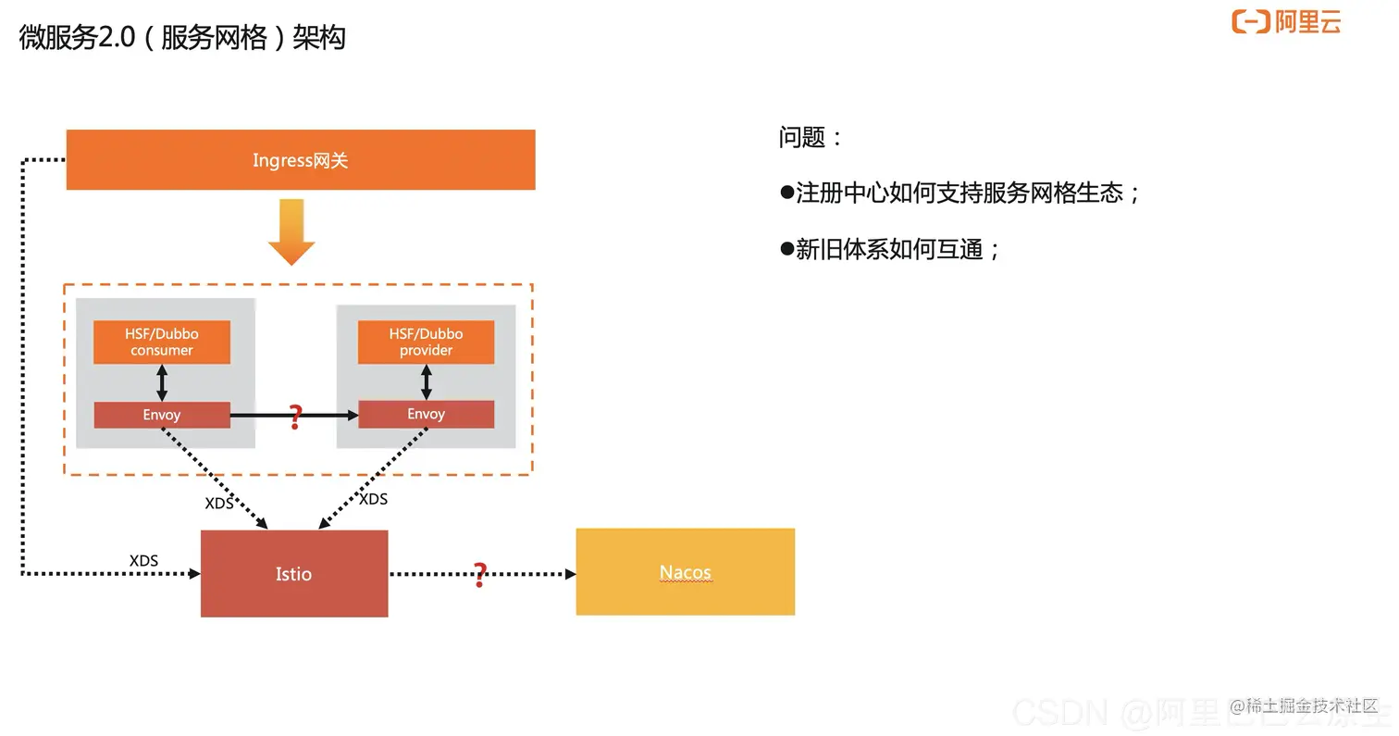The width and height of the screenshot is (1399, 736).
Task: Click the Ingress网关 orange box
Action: point(301,160)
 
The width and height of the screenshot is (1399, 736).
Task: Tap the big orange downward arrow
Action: point(291,232)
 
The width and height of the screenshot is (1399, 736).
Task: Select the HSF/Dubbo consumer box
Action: point(162,342)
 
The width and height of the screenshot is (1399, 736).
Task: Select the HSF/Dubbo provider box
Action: point(426,342)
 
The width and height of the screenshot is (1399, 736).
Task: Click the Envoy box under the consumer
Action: point(162,415)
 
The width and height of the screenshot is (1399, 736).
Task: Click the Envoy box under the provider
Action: point(426,414)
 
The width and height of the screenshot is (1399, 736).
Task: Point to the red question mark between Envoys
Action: point(295,417)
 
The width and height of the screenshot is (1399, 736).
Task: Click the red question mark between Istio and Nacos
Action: point(479,575)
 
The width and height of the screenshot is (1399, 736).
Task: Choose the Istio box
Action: point(294,574)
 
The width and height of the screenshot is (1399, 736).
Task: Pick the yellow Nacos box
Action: point(685,572)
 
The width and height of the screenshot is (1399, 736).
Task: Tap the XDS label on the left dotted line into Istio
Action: point(143,561)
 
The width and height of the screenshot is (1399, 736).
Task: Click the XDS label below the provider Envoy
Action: point(373,499)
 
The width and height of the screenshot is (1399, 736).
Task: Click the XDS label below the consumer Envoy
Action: point(219,504)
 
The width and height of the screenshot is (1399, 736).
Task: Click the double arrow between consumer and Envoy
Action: point(162,381)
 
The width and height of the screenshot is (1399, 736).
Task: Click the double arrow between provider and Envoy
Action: point(426,381)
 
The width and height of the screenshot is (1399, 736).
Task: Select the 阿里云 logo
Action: point(1286,21)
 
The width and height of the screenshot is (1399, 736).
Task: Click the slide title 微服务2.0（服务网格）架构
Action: point(182,38)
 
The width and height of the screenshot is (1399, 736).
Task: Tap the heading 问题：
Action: point(811,138)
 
